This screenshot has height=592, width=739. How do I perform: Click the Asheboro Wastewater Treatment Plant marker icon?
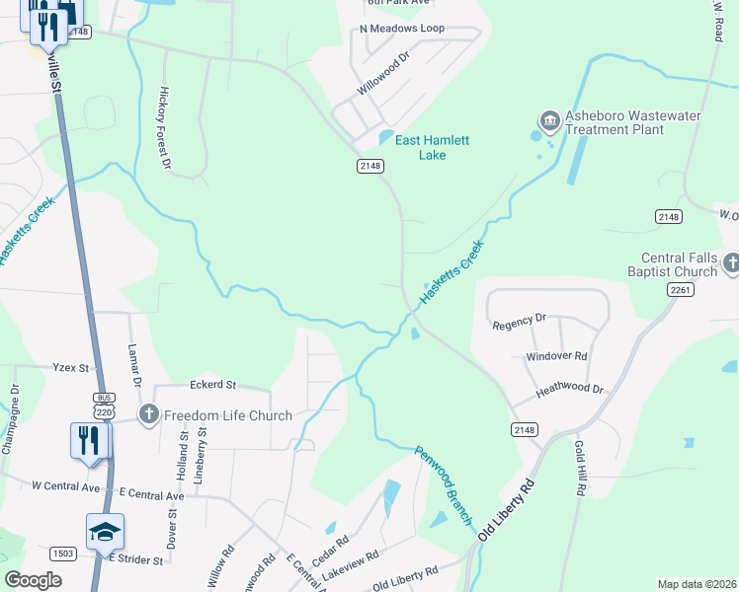tap(549, 121)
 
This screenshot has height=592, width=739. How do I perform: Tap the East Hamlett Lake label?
tap(433, 147)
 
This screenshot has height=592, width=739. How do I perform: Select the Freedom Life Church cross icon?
tap(149, 414)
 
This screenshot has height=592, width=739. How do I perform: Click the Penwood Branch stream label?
tap(446, 484)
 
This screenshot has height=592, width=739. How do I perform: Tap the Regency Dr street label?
tap(519, 321)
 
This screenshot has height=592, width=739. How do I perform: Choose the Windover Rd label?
tap(556, 355)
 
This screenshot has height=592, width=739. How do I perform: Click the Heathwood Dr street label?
tap(569, 390)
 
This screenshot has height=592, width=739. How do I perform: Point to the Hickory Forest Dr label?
tap(165, 126)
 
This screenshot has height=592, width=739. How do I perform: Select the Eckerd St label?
tap(212, 384)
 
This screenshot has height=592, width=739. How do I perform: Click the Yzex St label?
tap(71, 367)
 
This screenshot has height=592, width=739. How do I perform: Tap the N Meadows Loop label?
tap(402, 29)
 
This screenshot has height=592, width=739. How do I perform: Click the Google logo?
tap(34, 579)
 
